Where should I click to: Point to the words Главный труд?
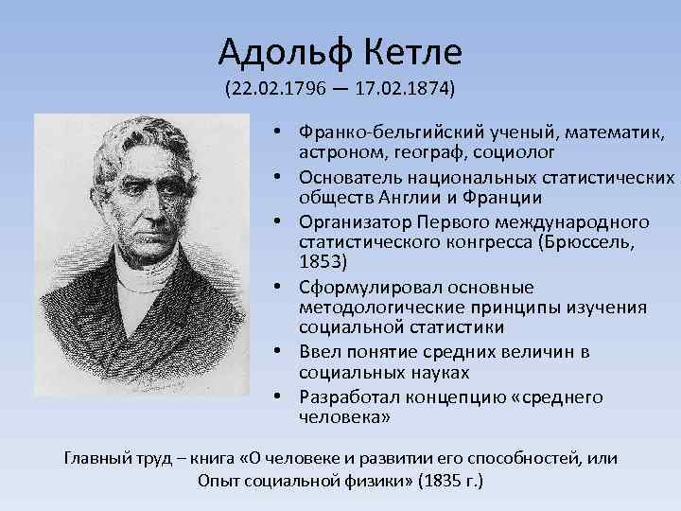click(112, 459)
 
